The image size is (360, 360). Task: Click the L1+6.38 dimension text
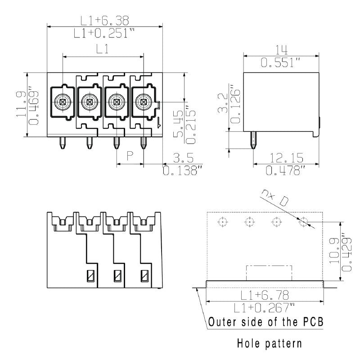click(x=105, y=20)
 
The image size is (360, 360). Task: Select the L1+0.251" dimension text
click(x=105, y=32)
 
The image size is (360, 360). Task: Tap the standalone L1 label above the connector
click(x=103, y=49)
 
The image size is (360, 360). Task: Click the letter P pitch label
click(x=130, y=156)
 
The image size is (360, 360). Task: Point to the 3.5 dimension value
click(x=183, y=157)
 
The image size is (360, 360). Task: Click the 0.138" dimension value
click(x=183, y=171)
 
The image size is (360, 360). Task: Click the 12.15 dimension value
click(x=286, y=157)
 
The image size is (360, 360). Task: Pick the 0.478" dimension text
click(x=286, y=171)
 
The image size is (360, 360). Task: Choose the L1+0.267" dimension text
click(x=265, y=308)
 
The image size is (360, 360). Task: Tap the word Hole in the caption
click(x=250, y=344)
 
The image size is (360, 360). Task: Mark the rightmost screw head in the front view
click(x=143, y=102)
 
